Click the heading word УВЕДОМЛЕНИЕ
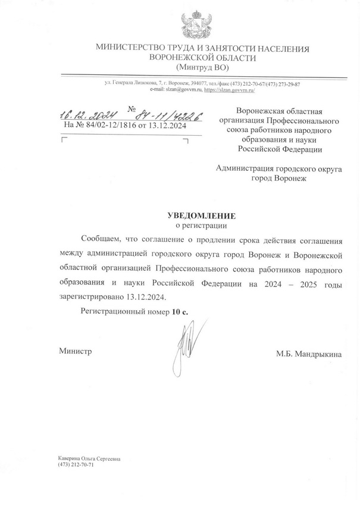coord(200,216)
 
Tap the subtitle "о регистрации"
coord(200,226)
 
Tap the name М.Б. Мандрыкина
coord(309,354)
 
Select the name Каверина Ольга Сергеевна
coord(89,458)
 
